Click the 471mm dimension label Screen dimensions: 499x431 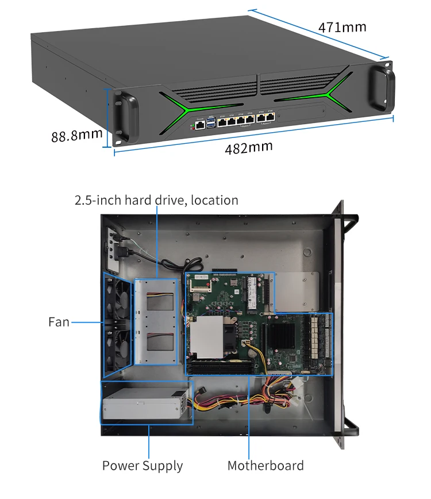342,27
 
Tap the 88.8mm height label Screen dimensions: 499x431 76,136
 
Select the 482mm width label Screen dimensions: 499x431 248,148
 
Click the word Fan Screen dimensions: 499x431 59,322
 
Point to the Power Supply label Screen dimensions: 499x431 143,466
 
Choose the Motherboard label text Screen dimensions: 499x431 265,466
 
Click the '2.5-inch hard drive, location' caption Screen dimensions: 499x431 156,200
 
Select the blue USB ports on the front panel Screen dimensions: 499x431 211,121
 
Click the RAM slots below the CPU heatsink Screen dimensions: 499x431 221,365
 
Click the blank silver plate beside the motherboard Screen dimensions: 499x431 297,291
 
